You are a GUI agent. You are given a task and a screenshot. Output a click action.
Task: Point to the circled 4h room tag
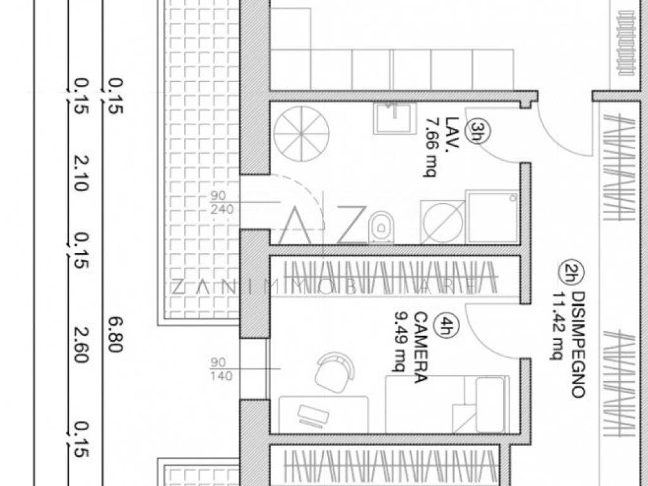pos(447,327)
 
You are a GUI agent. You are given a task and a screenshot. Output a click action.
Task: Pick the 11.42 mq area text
pos(557,325)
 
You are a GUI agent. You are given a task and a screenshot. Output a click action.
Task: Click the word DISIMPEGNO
pos(576,344)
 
